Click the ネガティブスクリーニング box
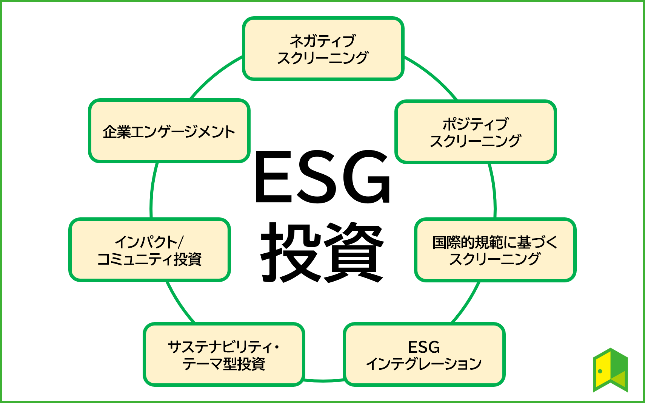(x=323, y=49)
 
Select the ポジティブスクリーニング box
(x=476, y=132)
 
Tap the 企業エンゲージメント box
(x=169, y=131)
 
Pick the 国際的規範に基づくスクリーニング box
(x=495, y=250)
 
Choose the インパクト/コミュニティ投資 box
(x=149, y=250)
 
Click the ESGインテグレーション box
(x=424, y=355)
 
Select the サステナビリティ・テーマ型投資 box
(x=224, y=355)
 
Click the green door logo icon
(x=610, y=370)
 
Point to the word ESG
(x=424, y=347)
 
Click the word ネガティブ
(x=323, y=40)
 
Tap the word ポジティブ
(x=476, y=124)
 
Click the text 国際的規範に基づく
(x=495, y=242)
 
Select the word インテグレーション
(x=424, y=364)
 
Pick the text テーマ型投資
(x=224, y=364)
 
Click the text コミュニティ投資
(x=149, y=259)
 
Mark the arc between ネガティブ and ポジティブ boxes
(x=432, y=76)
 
